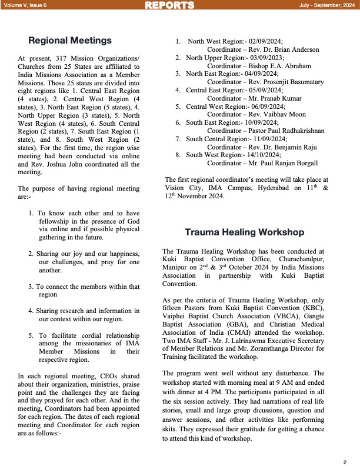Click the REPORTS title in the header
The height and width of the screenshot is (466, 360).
point(169,5)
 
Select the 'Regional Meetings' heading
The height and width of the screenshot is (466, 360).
point(70,41)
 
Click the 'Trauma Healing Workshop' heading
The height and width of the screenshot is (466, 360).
point(244,232)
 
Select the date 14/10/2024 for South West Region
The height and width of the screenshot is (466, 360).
point(263,155)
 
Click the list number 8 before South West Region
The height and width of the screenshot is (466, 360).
point(178,155)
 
